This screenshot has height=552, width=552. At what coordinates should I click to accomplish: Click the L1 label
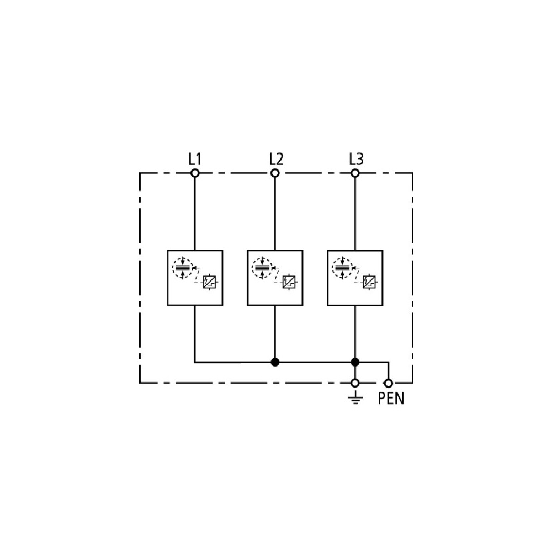195,159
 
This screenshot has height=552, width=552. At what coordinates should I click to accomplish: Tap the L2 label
276,159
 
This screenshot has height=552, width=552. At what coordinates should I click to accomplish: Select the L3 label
356,159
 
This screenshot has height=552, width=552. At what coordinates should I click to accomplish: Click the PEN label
391,399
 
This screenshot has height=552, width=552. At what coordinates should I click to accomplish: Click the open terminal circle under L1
195,173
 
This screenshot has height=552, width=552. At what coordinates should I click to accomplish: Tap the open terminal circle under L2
275,173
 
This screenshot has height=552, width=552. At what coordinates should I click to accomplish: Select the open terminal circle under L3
355,173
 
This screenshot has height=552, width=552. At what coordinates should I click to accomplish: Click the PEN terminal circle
388,383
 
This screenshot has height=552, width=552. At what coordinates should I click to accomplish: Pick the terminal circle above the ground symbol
355,383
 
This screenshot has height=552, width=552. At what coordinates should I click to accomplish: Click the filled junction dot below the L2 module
275,362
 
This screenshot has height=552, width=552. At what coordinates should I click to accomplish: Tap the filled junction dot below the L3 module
355,362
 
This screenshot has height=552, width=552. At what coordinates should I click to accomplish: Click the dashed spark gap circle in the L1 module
173,268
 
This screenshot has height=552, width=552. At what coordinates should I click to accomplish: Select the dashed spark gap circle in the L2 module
252,268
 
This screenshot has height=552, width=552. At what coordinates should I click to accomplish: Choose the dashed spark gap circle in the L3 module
333,268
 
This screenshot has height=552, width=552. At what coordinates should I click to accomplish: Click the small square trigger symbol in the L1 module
209,282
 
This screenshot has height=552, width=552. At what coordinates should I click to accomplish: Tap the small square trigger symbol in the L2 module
289,282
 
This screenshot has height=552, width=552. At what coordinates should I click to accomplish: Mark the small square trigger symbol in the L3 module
369,282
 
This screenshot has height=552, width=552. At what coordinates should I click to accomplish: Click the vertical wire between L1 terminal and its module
195,214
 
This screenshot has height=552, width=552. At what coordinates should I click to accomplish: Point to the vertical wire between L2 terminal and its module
275,214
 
